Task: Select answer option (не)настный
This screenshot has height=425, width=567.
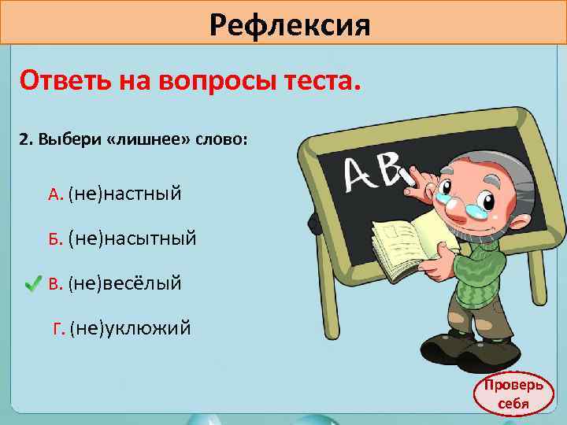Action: tap(125, 193)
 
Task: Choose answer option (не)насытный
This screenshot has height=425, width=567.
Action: tap(132, 237)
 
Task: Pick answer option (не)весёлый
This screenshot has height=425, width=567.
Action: tap(125, 282)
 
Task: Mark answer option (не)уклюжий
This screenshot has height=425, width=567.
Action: tap(130, 327)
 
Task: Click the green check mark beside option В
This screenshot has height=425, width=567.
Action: tap(32, 282)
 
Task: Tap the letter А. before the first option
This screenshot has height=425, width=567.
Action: tap(55, 194)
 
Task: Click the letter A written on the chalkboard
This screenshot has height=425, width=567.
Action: tap(362, 175)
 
